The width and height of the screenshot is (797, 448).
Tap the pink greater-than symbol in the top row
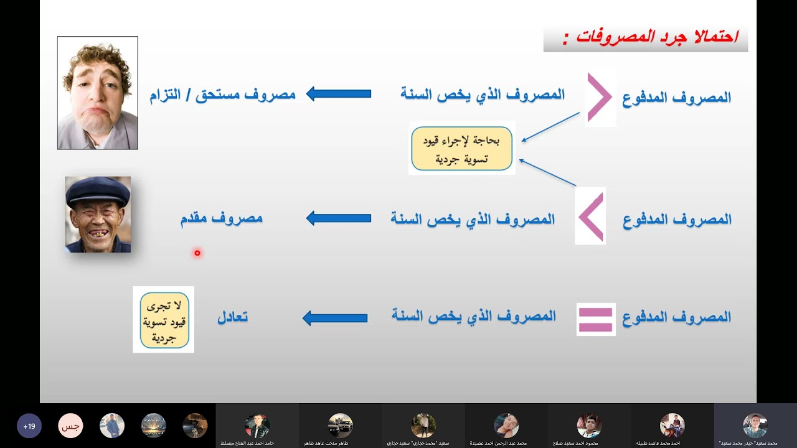(x=600, y=98)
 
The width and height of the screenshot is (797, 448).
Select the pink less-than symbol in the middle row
(x=591, y=217)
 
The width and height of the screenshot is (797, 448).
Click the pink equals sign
(x=596, y=319)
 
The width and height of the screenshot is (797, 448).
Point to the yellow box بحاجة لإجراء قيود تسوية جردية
(x=461, y=149)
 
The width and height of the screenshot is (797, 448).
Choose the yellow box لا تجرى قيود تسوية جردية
(x=164, y=320)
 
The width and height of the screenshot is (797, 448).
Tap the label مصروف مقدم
(x=221, y=218)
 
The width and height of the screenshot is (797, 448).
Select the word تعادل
(x=232, y=317)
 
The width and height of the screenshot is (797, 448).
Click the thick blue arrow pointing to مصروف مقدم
(x=339, y=218)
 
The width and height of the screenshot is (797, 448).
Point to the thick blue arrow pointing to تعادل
(x=335, y=318)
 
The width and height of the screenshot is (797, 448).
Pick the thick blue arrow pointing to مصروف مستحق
(x=339, y=95)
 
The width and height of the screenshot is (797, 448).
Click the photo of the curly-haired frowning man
(x=98, y=93)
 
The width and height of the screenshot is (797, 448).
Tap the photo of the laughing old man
(x=98, y=215)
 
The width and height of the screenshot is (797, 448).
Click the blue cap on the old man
(x=98, y=190)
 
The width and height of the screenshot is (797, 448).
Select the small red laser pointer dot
(x=197, y=253)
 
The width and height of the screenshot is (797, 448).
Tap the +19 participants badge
(x=29, y=426)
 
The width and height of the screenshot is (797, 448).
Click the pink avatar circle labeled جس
(x=70, y=426)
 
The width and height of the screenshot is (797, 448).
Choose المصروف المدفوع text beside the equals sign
(x=677, y=317)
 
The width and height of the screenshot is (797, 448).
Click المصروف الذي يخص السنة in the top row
(x=483, y=95)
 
